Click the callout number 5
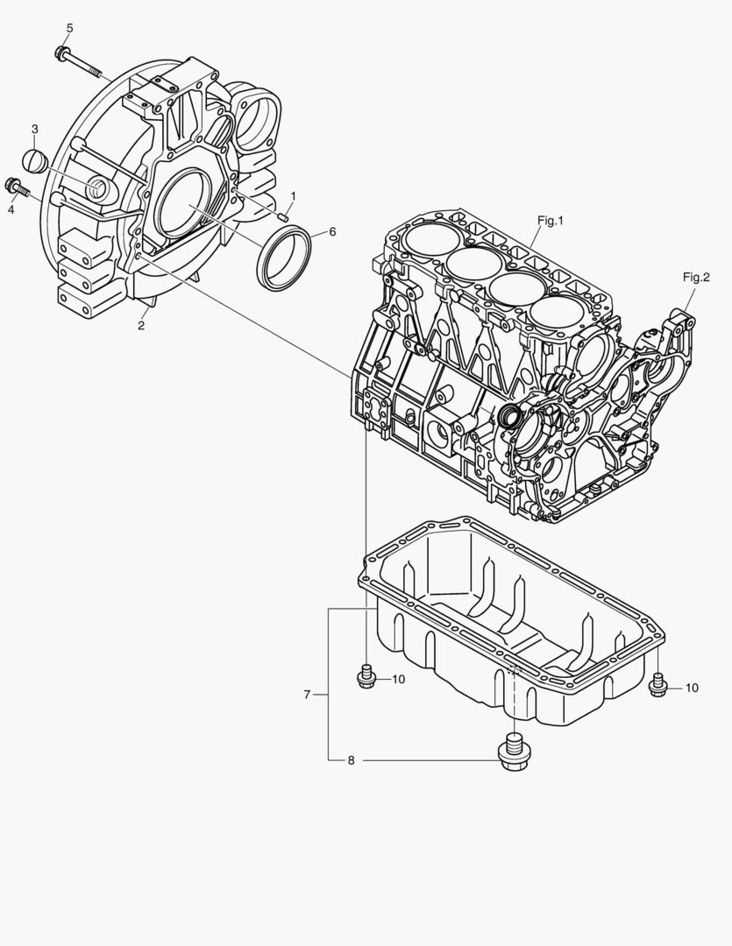[69, 28]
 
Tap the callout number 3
[35, 130]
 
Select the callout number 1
[293, 195]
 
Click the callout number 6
[332, 232]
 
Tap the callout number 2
[141, 326]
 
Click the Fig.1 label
[549, 221]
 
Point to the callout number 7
[307, 695]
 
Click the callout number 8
[351, 760]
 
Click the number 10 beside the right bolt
[692, 688]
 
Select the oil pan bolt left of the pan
[367, 677]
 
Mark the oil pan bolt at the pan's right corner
[658, 686]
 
